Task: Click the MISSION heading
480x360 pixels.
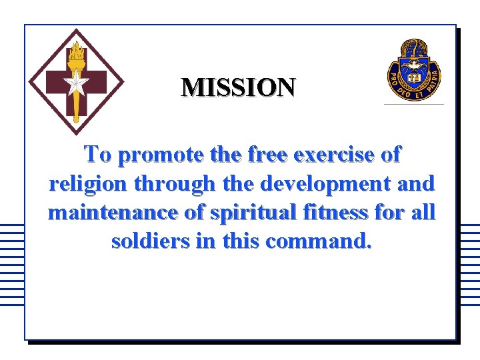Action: pyautogui.click(x=238, y=87)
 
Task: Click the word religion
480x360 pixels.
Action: pyautogui.click(x=83, y=184)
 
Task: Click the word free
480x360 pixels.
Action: pyautogui.click(x=269, y=155)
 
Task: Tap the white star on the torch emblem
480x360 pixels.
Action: pyautogui.click(x=75, y=85)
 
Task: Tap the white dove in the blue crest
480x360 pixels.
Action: pyautogui.click(x=414, y=65)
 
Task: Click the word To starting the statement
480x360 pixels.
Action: pyautogui.click(x=98, y=155)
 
